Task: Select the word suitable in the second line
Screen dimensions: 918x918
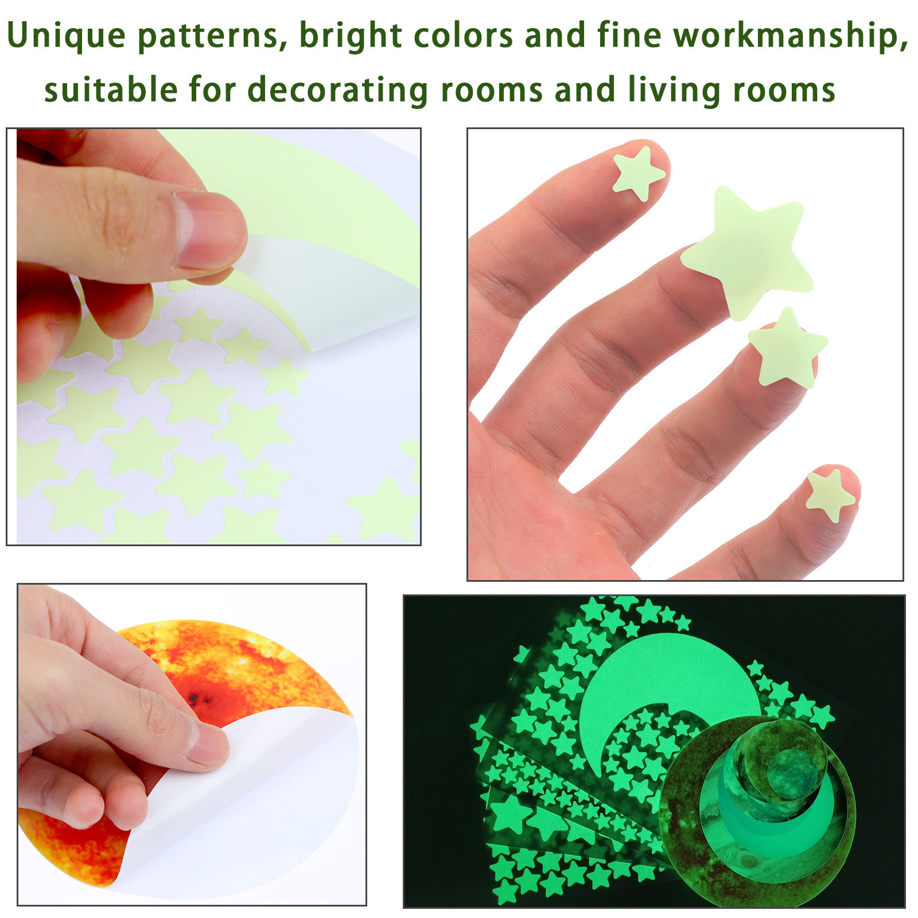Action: pyautogui.click(x=111, y=90)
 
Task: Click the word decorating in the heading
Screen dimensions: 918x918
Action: pyautogui.click(x=337, y=91)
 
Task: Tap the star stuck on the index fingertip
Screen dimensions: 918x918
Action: pyautogui.click(x=639, y=173)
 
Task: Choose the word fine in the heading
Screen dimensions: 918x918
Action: pyautogui.click(x=629, y=36)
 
